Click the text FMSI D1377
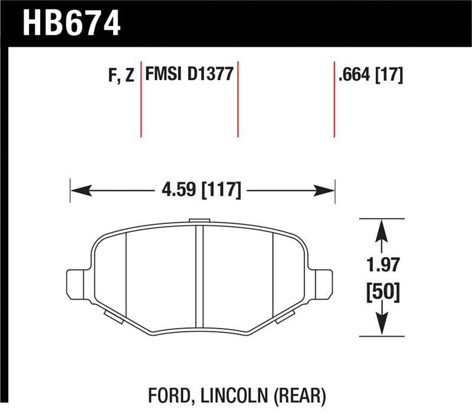189,75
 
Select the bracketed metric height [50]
382,292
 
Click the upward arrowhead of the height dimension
382,229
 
